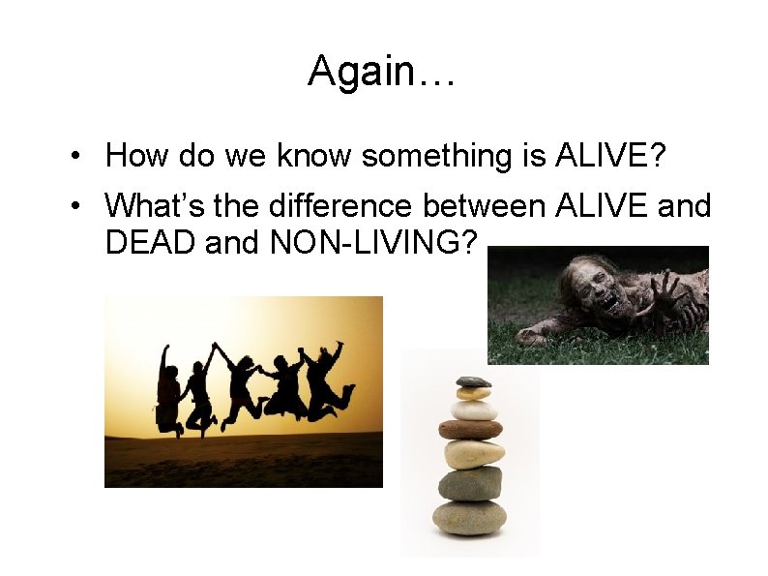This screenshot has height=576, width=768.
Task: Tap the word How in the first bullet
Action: pyautogui.click(x=133, y=155)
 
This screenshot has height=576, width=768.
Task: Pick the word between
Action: pyautogui.click(x=488, y=205)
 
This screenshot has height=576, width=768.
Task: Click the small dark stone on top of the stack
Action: pyautogui.click(x=473, y=381)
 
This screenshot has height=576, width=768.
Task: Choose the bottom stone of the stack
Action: pyautogui.click(x=469, y=517)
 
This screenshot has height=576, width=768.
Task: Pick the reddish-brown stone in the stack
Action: pyautogui.click(x=470, y=429)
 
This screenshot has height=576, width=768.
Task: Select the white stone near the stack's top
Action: pyautogui.click(x=475, y=409)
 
